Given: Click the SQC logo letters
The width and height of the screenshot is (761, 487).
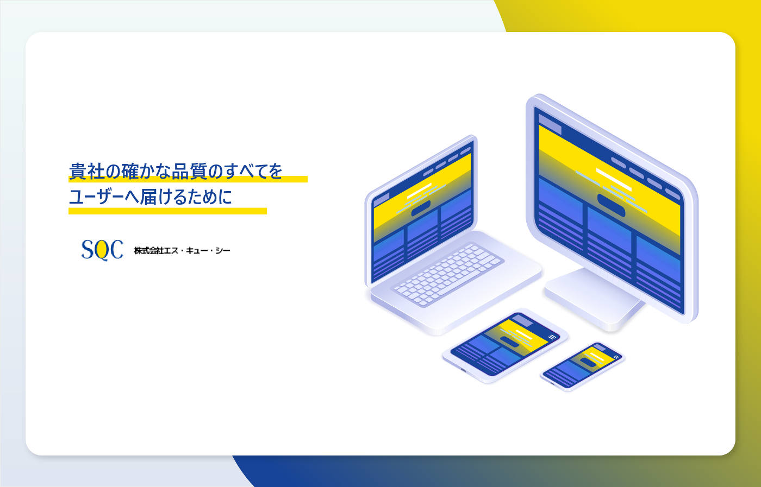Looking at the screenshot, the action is tap(102, 250).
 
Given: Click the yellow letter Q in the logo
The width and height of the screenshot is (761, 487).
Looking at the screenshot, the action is tap(102, 250).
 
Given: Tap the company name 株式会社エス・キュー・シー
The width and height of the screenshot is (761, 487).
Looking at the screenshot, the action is tap(182, 251).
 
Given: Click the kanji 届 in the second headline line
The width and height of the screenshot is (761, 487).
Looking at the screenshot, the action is tap(148, 197).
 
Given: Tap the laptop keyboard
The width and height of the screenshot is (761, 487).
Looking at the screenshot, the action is tap(448, 275).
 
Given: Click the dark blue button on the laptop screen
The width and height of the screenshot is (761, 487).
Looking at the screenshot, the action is tap(421, 208).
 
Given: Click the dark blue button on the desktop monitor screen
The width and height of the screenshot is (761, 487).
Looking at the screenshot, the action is tap(611, 205).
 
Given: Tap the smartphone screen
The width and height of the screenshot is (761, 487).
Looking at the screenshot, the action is tap(582, 366).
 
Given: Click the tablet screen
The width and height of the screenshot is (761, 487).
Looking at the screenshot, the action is tap(505, 344).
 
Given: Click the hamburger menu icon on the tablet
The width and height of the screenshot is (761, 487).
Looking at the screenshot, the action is tap(552, 337).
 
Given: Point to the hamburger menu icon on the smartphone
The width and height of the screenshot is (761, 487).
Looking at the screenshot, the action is tap(616, 357).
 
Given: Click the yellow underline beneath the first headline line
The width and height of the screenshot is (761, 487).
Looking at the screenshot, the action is tap(188, 179).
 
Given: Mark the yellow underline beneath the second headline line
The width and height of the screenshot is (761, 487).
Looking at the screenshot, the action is tap(167, 211).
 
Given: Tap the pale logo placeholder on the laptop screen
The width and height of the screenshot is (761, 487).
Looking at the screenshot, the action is tap(382, 200).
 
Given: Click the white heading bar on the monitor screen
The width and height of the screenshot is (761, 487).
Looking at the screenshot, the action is tap(614, 179).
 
